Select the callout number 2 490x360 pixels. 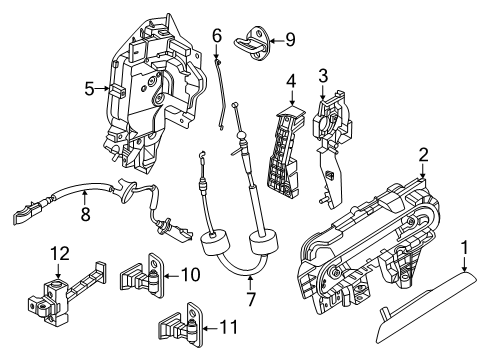point(423,154)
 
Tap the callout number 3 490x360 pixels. point(323,75)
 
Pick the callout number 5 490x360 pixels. point(90,88)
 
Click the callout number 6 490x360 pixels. point(216,36)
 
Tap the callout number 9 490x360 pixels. point(290,41)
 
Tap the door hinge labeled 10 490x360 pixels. point(143,276)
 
